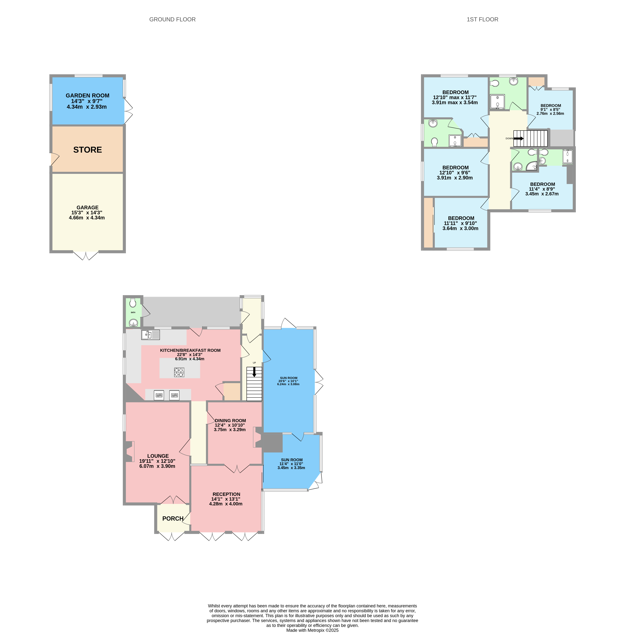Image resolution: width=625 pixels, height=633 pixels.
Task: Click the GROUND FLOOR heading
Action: tap(172, 19)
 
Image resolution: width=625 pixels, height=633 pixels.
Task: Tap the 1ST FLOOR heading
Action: tap(482, 19)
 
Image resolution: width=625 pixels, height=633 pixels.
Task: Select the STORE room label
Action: tap(88, 150)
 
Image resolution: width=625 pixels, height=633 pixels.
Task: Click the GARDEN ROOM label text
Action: tap(88, 95)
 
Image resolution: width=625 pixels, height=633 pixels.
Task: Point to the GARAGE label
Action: tap(88, 207)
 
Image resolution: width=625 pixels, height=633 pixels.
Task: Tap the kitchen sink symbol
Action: tap(150, 335)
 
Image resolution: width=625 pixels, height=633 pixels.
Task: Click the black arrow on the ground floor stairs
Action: tap(254, 372)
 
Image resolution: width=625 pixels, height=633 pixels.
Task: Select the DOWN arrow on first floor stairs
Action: tap(518, 139)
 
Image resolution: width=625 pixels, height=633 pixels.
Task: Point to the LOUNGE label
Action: tap(158, 456)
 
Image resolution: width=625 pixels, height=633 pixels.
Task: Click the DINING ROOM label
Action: tap(230, 420)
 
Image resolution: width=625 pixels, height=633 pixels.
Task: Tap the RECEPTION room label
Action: tap(226, 494)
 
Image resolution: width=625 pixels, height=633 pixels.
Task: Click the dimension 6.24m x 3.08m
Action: tap(288, 384)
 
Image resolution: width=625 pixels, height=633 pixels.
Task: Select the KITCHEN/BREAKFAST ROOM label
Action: tap(190, 350)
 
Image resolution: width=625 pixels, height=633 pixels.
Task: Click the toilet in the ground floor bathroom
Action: tap(133, 303)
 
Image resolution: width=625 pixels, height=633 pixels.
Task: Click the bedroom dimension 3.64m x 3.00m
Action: tap(460, 228)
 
